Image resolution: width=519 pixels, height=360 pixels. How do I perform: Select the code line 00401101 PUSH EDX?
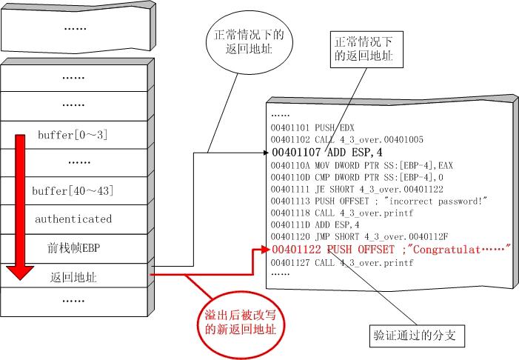tap(302, 127)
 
